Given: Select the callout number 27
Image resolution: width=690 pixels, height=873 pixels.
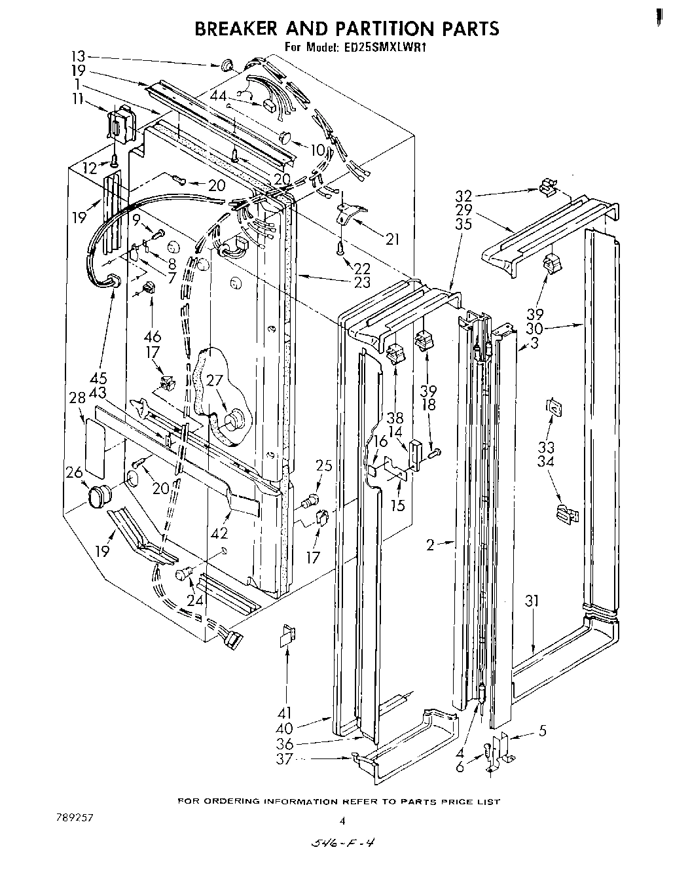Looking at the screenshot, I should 215,382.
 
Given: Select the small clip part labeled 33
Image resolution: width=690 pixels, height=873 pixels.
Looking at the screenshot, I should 554,407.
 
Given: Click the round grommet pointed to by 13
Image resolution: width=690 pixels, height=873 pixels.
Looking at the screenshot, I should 227,65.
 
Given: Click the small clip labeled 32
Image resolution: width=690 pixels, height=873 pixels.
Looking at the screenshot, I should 547,189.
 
